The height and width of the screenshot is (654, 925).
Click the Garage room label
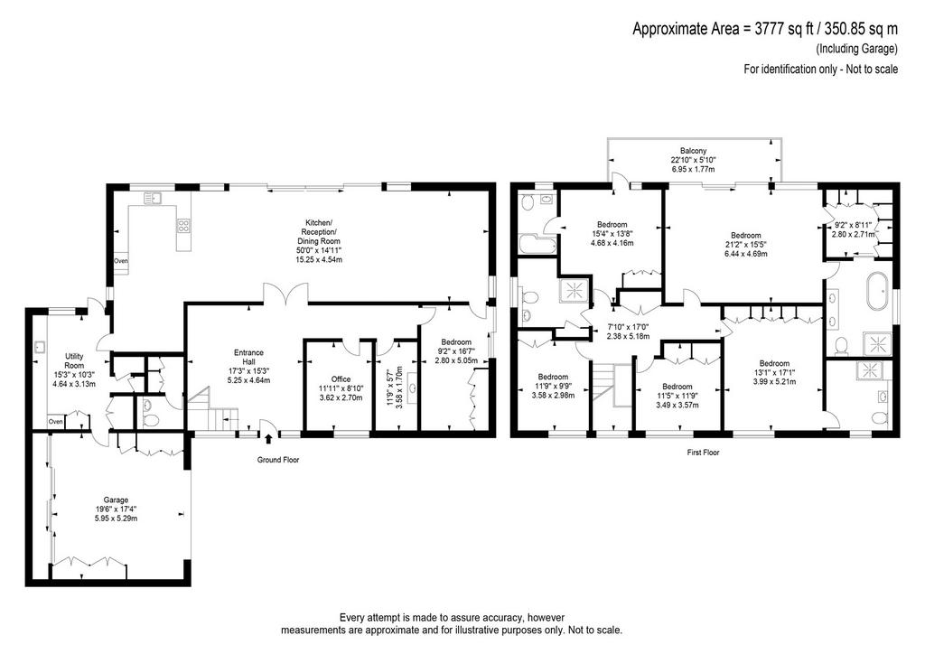[x=116, y=500]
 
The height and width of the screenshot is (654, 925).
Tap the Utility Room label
[x=74, y=361]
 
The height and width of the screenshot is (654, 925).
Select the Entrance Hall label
[x=248, y=358]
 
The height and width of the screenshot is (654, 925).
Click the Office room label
[x=341, y=379]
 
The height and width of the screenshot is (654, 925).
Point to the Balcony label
[x=693, y=151]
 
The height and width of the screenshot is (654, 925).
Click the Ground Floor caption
[x=278, y=460]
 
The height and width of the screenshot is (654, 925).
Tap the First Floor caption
[x=703, y=453]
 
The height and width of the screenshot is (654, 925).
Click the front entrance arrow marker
[x=269, y=438]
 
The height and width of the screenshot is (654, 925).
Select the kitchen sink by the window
[x=155, y=197]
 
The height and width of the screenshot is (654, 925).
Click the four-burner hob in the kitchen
[x=183, y=225]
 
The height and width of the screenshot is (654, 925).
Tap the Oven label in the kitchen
[x=121, y=261]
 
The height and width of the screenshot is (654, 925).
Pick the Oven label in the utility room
[x=55, y=422]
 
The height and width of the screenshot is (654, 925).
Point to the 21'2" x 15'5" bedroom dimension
[x=745, y=245]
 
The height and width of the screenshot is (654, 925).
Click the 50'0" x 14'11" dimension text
[x=319, y=250]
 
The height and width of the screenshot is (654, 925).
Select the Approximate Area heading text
[x=765, y=29]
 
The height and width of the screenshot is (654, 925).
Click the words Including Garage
[x=856, y=49]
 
